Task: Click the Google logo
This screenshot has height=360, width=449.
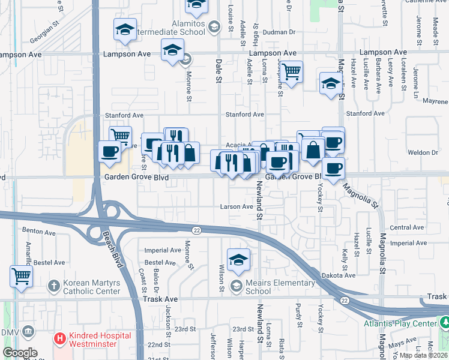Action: pos(20,353)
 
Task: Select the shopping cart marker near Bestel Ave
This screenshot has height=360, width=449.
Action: pos(22,277)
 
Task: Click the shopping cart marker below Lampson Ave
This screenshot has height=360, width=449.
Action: pos(291,73)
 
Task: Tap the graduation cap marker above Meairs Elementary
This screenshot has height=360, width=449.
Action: pos(238,260)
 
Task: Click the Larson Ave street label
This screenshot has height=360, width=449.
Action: pos(237,206)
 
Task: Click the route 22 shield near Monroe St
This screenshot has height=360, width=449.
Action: pos(196,230)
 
